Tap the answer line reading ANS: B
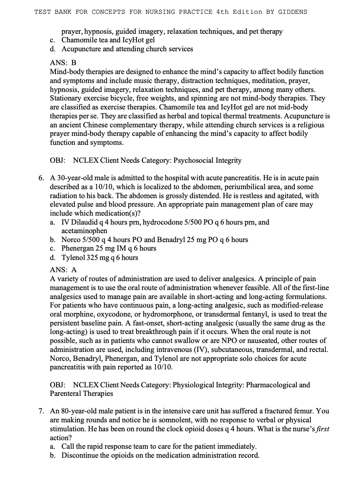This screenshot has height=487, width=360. point(63,63)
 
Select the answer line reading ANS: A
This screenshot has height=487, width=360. point(63,270)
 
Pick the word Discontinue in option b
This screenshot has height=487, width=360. point(79,455)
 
